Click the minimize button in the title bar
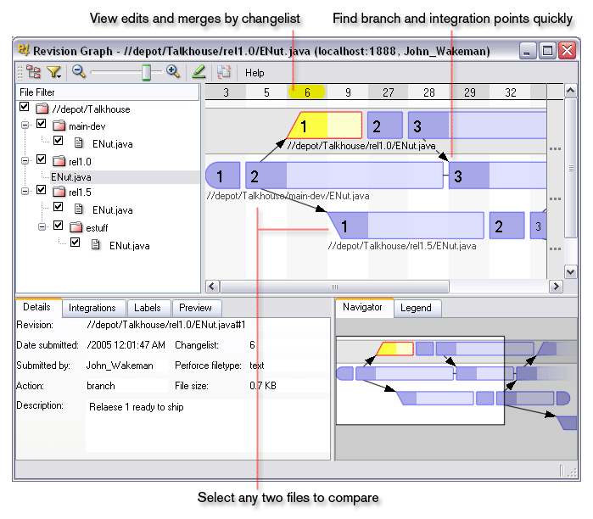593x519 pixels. click(x=529, y=51)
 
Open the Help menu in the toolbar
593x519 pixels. click(x=255, y=73)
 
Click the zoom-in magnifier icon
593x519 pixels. click(x=173, y=72)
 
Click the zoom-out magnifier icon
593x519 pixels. click(x=79, y=72)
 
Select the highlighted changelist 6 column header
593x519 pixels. click(x=307, y=92)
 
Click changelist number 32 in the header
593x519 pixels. click(x=511, y=92)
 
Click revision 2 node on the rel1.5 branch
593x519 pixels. click(x=497, y=226)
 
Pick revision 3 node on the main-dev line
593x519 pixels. click(x=458, y=176)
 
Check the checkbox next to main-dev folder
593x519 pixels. click(x=41, y=125)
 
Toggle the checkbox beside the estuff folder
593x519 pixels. click(x=58, y=226)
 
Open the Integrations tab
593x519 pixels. click(x=92, y=308)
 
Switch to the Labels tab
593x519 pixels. click(x=148, y=308)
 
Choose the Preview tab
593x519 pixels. click(x=196, y=308)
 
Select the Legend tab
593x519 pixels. click(x=416, y=308)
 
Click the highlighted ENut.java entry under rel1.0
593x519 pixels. click(x=71, y=177)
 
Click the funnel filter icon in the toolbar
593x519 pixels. click(x=54, y=73)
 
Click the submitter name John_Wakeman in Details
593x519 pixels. click(x=120, y=366)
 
